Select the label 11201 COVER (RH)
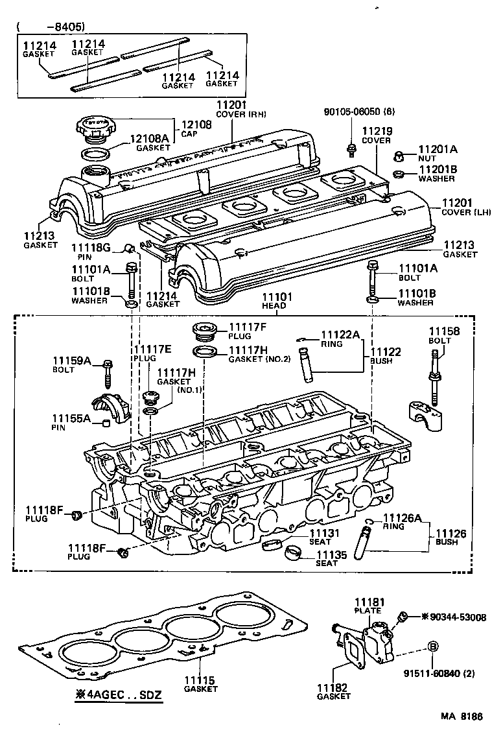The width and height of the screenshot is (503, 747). point(233,106)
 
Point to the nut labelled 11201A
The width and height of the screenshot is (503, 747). point(400,156)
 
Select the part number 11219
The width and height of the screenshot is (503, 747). point(376,131)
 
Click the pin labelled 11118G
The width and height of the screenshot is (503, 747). point(130,247)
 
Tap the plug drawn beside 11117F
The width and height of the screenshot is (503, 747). point(203,330)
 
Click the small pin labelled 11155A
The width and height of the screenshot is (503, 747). point(104,424)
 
